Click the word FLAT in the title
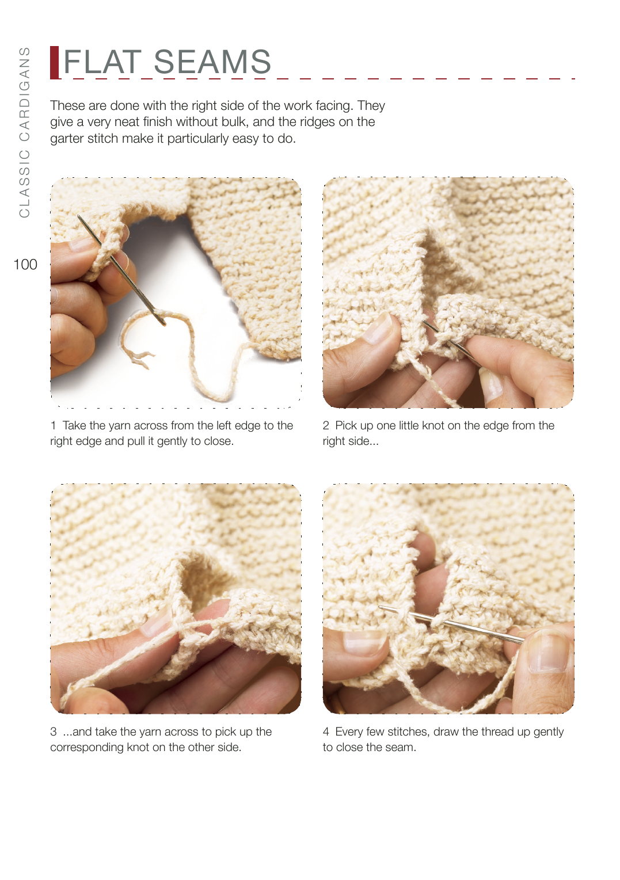pyautogui.click(x=102, y=62)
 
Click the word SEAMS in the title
pyautogui.click(x=212, y=62)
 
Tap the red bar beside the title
pyautogui.click(x=54, y=63)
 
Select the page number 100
pyautogui.click(x=25, y=264)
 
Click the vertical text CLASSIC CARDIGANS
pyautogui.click(x=24, y=132)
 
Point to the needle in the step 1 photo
pyautogui.click(x=122, y=271)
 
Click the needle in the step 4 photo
pyautogui.click(x=451, y=624)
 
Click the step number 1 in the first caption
pyautogui.click(x=53, y=425)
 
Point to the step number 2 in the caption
pyautogui.click(x=326, y=425)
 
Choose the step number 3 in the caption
pyautogui.click(x=54, y=732)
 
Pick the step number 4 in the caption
pyautogui.click(x=326, y=732)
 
